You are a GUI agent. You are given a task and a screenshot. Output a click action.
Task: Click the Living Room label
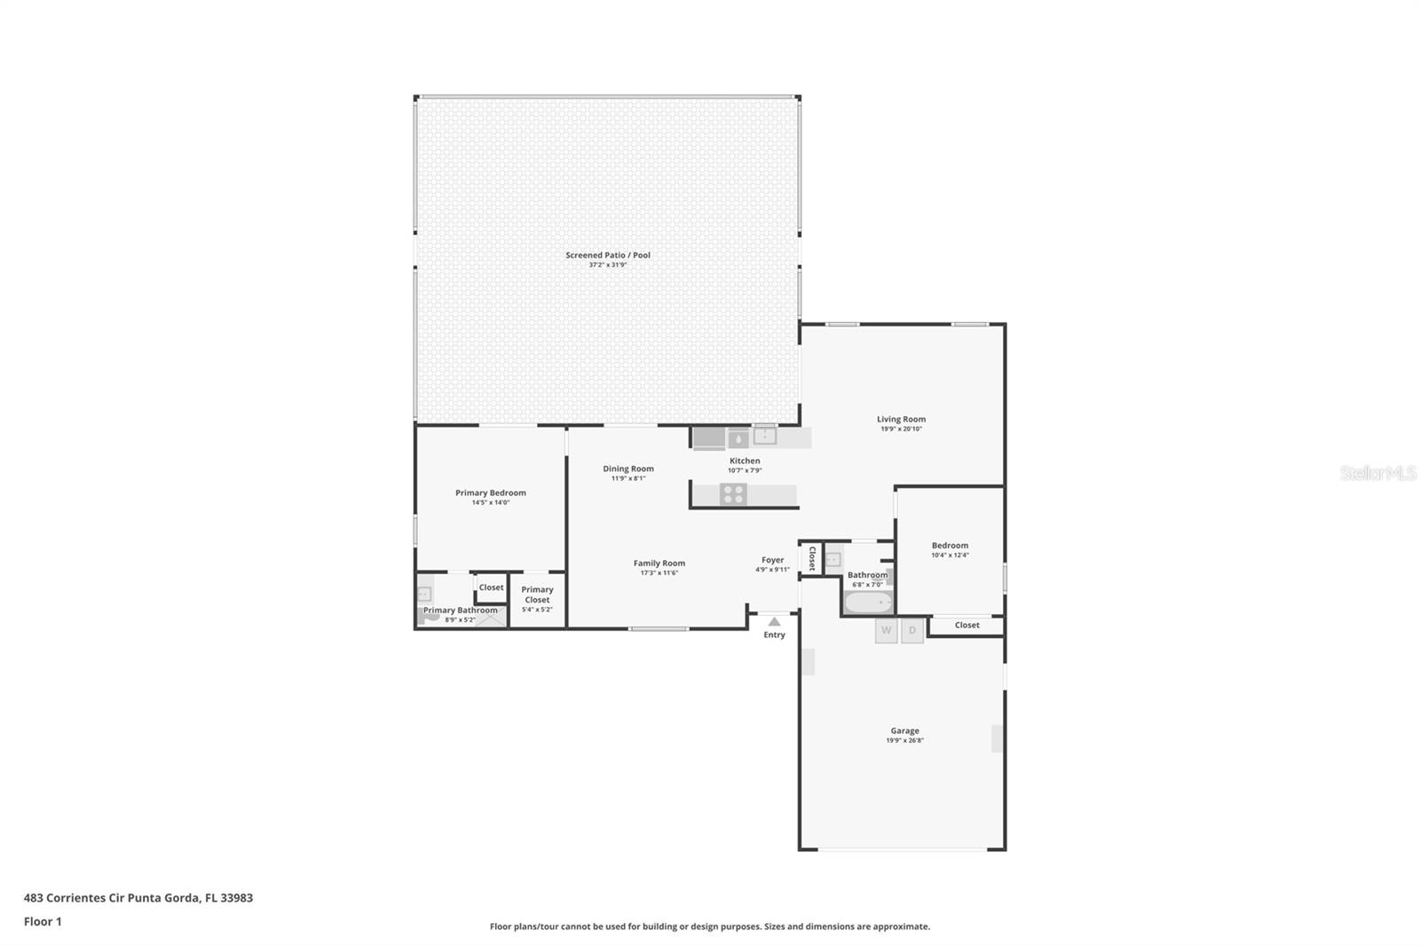pos(901,419)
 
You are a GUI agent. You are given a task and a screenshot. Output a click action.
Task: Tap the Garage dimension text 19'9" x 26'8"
pos(904,741)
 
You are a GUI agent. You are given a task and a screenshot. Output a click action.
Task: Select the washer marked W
pos(887,631)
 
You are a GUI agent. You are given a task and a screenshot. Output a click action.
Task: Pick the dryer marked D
pos(912,631)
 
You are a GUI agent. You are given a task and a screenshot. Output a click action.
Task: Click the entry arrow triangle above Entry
pos(774,622)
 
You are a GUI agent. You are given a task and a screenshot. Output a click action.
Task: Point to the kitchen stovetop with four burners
pos(733,494)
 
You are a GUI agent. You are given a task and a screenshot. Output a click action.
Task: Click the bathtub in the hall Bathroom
pos(869,602)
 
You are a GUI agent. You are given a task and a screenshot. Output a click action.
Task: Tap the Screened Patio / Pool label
pos(608,255)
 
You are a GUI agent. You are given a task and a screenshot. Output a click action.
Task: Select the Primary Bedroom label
pos(491,493)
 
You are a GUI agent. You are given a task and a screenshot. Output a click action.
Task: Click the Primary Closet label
pos(537,595)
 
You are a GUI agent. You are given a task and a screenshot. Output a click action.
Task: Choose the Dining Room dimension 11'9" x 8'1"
pos(628,478)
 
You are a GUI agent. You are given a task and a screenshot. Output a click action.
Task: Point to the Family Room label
pos(659,563)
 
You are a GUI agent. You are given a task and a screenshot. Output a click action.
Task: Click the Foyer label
pos(773,560)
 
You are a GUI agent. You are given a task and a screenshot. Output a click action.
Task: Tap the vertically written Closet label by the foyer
pos(812,558)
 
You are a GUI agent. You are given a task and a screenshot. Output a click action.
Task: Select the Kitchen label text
pos(745,461)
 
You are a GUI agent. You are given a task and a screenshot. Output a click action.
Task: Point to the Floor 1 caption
pos(43,922)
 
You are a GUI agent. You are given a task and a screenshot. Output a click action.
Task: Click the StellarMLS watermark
pos(1377,473)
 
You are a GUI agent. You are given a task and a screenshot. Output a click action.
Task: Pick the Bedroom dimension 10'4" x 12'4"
pos(950,556)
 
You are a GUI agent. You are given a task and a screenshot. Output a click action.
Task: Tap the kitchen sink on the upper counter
pos(764,437)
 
